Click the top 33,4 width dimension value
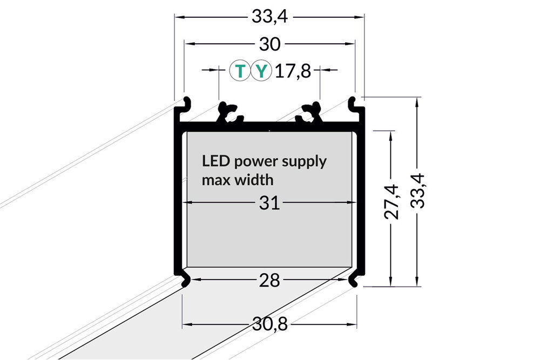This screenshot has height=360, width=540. click(269, 17)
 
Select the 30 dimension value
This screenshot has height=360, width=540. click(269, 44)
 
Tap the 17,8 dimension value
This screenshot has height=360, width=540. click(293, 71)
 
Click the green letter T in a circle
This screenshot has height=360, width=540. click(240, 71)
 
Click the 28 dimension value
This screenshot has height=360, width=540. click(269, 281)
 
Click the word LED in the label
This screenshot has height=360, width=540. click(212, 161)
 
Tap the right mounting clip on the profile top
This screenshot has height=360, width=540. click(310, 111)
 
